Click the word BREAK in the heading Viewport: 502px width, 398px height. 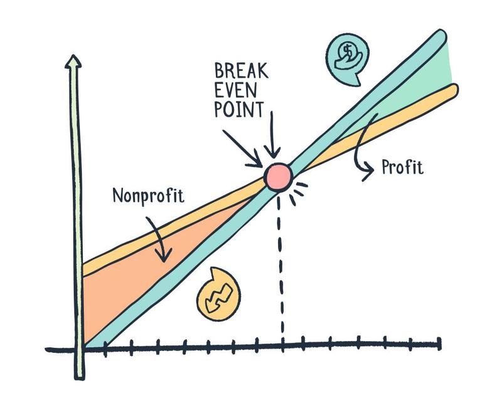(241, 70)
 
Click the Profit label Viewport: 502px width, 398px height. (402, 167)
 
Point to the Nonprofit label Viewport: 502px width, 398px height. (148, 196)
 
